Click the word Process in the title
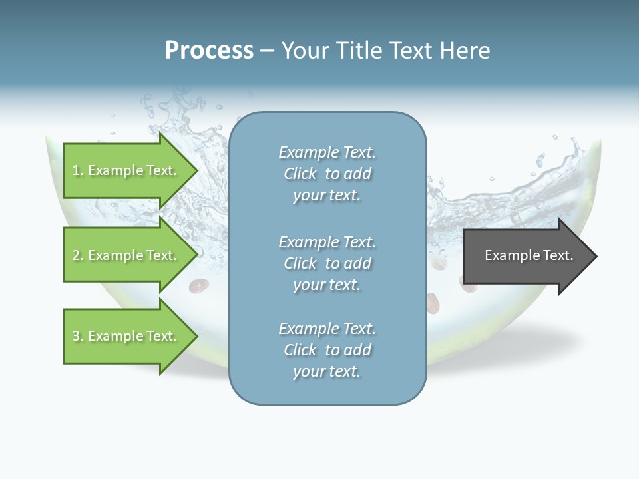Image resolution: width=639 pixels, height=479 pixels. (209, 51)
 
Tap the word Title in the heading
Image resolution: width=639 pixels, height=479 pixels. (359, 51)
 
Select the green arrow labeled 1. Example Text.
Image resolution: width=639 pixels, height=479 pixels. (126, 170)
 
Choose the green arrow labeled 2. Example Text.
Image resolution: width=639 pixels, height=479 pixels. (126, 255)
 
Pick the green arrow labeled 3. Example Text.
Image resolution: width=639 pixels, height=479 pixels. (126, 336)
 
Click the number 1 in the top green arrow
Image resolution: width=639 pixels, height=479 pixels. (76, 171)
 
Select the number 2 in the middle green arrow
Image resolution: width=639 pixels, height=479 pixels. (77, 255)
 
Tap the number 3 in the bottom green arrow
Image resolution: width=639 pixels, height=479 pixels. (77, 336)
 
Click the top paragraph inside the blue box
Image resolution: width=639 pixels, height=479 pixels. (327, 174)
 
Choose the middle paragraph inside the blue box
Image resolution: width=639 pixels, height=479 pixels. (327, 263)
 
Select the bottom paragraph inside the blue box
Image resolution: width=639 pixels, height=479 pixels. (327, 350)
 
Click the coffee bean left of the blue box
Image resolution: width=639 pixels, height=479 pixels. (198, 286)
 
